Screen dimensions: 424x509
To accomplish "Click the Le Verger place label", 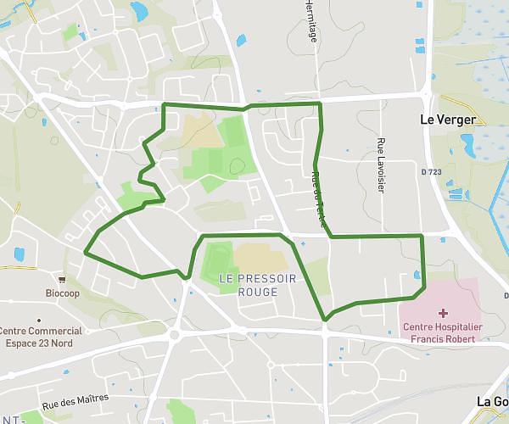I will tap(448, 120).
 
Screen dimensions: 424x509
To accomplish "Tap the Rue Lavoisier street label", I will tap(381, 165).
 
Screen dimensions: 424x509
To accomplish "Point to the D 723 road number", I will tap(431, 172).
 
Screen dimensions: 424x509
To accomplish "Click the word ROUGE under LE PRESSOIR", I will tap(258, 291).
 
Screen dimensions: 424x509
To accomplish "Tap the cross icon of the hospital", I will tap(443, 313).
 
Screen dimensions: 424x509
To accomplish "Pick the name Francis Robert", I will tap(441, 338).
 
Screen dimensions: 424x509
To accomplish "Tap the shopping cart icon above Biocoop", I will tap(62, 279).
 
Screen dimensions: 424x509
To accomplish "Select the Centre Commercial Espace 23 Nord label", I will tap(41, 338).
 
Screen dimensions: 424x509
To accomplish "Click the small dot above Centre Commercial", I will tap(39, 321).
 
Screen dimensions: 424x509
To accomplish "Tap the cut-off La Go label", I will tap(492, 401).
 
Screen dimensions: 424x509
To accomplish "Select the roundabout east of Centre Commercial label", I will tap(175, 334).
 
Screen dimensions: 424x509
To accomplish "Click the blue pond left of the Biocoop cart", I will tap(20, 254).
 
